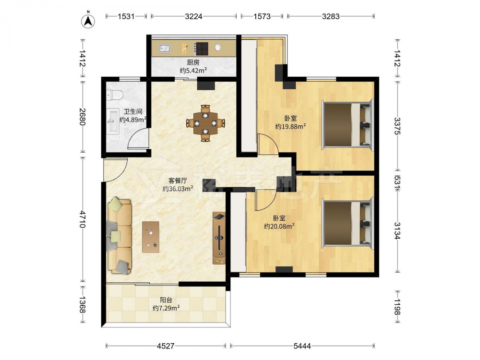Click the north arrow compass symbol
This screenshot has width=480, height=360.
point(88,21)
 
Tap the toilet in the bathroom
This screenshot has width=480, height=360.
point(114,95)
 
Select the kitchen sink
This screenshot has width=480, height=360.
point(164,48)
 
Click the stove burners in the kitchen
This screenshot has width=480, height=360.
point(202,48)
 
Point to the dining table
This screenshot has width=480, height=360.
point(205,123)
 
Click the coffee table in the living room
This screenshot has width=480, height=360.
point(151,237)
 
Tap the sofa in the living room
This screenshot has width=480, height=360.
point(119,236)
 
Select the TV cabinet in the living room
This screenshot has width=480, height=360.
point(219,238)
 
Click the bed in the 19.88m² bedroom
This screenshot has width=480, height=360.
point(348,125)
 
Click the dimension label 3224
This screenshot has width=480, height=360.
point(193,16)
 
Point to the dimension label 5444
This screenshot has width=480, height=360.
point(302,346)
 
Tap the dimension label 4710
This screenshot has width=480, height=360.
point(82,219)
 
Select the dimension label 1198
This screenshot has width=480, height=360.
point(397,307)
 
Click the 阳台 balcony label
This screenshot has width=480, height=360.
point(166,300)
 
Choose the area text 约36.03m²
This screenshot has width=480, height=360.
point(178,189)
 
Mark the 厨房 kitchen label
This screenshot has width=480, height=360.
point(193,62)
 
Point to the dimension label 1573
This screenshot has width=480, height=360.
point(262,16)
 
